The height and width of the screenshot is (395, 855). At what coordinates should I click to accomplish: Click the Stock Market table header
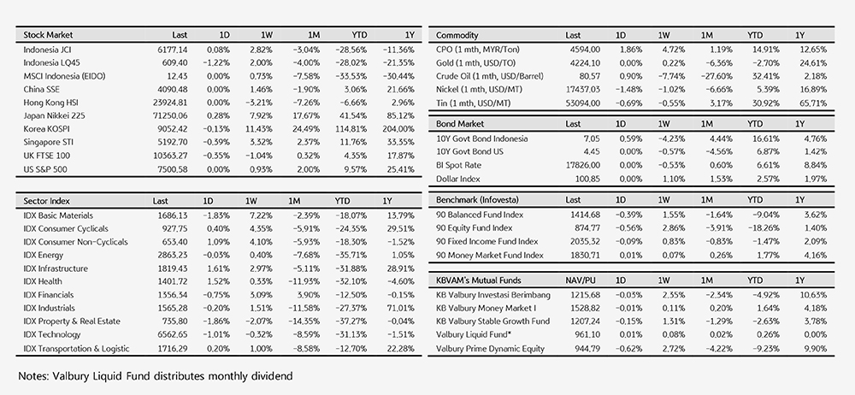[x=48, y=35]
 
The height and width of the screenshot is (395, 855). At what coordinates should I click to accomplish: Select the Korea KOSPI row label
[x=46, y=129]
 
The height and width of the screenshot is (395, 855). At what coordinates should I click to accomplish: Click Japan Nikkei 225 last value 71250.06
[x=168, y=115]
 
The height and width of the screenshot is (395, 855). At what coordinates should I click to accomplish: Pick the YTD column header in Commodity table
[x=755, y=35]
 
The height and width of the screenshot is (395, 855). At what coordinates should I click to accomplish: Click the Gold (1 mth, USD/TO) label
[x=475, y=62]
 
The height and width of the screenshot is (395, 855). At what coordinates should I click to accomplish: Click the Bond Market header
[x=460, y=124]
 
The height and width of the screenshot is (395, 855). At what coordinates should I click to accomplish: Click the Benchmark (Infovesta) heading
[x=477, y=200]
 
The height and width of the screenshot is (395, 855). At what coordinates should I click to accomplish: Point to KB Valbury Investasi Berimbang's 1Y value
[x=813, y=295]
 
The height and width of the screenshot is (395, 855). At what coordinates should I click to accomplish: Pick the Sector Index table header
[x=47, y=201]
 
